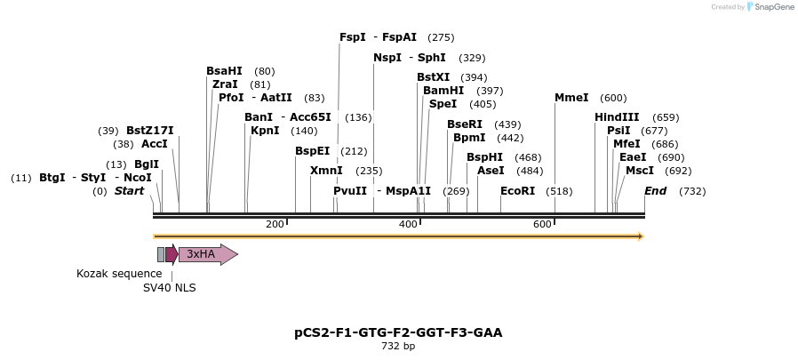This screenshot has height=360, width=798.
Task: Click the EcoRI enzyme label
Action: [517, 191]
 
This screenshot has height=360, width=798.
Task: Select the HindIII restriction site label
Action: [617, 117]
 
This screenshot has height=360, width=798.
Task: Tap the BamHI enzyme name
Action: [443, 91]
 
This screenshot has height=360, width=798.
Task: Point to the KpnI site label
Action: [265, 131]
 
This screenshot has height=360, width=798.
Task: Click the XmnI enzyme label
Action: [326, 171]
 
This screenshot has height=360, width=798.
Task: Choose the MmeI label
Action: [571, 98]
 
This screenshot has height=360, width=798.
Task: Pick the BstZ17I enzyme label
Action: [150, 131]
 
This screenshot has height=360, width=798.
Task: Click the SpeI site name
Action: [443, 104]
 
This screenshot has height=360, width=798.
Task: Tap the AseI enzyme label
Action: [491, 171]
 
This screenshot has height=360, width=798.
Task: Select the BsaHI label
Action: [224, 71]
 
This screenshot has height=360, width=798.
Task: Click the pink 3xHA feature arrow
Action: [207, 254]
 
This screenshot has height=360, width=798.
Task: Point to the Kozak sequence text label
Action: [119, 274]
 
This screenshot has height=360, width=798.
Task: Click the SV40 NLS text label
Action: [170, 288]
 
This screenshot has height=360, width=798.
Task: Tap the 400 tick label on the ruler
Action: [408, 224]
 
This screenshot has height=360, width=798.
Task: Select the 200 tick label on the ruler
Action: [274, 224]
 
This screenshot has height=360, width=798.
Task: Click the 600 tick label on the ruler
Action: [542, 224]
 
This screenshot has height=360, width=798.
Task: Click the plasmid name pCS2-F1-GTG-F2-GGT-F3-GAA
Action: [398, 332]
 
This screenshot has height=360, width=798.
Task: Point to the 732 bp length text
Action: [398, 347]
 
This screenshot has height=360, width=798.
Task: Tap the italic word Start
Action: [129, 191]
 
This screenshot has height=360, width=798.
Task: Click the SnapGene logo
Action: [771, 7]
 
